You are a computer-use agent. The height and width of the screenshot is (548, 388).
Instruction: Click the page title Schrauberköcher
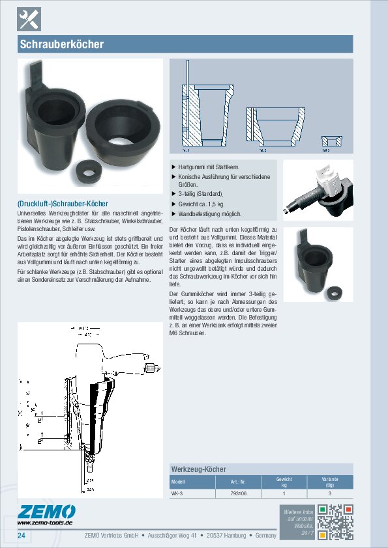pos(62,45)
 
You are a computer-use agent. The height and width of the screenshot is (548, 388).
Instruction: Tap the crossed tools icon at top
pos(29,20)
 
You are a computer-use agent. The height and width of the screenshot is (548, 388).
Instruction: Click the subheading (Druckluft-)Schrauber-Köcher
pos(63,204)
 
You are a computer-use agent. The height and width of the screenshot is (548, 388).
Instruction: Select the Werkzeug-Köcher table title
pos(198,469)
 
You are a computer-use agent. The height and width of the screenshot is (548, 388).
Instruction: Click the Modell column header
pos(179,482)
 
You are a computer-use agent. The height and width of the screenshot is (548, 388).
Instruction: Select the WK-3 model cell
pos(177,494)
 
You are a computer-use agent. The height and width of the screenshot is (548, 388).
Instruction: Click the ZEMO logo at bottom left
pos(46,512)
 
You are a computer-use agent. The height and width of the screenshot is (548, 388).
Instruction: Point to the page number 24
pos(22,536)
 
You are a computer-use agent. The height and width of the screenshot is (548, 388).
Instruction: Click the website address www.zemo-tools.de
pos(44,523)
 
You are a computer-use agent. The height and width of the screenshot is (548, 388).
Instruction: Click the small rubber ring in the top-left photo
pos(87,172)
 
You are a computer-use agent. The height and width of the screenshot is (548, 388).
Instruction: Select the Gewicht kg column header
pos(284,482)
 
